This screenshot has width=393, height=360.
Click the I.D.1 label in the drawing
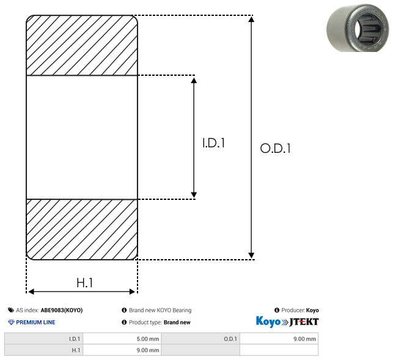(x=213, y=143)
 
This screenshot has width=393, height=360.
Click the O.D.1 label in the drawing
(x=275, y=148)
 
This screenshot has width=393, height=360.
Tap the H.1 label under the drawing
(x=84, y=283)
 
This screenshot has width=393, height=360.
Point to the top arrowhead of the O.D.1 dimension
(x=251, y=19)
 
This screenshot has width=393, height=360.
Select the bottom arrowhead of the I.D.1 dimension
(x=194, y=195)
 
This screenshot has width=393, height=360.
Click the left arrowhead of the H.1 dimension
(x=31, y=292)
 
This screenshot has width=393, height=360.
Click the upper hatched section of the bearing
(x=82, y=45)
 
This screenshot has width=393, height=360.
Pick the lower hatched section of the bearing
(x=82, y=229)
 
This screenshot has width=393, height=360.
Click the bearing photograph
(x=358, y=28)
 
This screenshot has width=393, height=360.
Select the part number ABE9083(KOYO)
(x=62, y=310)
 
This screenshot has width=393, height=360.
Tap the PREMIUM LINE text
(x=35, y=322)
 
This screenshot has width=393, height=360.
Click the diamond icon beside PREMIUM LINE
(x=11, y=322)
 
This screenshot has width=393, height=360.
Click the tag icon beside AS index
(x=11, y=310)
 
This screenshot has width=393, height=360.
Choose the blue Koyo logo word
(x=268, y=321)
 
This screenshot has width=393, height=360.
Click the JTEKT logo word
(x=304, y=322)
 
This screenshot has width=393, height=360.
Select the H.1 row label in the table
(x=76, y=350)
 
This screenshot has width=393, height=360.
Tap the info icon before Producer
(x=277, y=310)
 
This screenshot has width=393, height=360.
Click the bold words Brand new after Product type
(x=177, y=322)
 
